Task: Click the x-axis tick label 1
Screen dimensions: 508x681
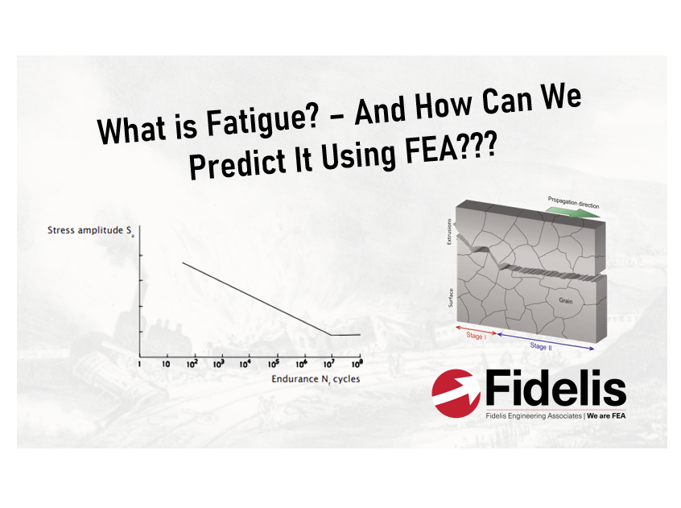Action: coord(139,365)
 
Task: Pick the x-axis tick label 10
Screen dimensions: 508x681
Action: coord(165,365)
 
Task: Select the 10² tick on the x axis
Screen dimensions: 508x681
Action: coord(192,364)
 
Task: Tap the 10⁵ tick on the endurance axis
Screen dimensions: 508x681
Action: coord(275,364)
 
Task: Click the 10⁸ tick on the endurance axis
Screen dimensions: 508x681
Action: coord(357,364)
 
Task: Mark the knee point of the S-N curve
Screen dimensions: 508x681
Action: coord(330,335)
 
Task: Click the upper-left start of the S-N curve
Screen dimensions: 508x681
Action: coord(184,263)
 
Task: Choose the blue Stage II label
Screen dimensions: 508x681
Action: coord(541,345)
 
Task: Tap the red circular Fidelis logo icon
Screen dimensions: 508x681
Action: coord(456,391)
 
